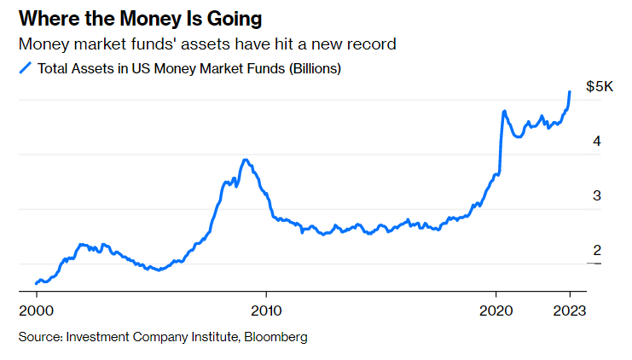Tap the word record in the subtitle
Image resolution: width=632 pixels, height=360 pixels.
[372, 44]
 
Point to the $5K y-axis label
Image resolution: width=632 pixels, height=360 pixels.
[600, 87]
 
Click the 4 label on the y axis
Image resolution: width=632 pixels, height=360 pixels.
[598, 142]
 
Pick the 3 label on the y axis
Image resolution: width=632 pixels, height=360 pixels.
[598, 196]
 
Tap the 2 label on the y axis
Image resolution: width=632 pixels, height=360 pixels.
[598, 251]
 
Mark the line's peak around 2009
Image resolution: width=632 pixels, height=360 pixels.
[246, 160]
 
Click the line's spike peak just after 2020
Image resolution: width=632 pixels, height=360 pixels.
[505, 111]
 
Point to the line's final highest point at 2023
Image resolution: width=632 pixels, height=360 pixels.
[570, 91]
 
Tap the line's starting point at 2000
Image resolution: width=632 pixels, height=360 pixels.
[36, 283]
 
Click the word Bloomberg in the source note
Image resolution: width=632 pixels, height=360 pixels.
[275, 337]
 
